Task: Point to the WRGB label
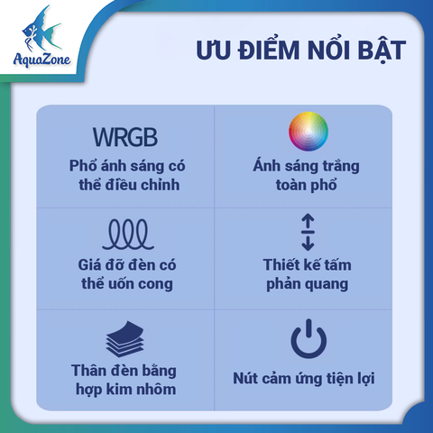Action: [x=124, y=138]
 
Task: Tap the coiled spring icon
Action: [x=125, y=235]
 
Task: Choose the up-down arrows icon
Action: [x=308, y=232]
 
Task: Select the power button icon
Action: [x=308, y=337]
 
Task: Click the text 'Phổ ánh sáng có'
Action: [x=124, y=167]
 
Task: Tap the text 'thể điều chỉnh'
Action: [x=124, y=186]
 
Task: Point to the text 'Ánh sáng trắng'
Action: [x=308, y=167]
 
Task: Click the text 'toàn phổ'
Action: [x=308, y=186]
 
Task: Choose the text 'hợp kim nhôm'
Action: [x=124, y=390]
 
